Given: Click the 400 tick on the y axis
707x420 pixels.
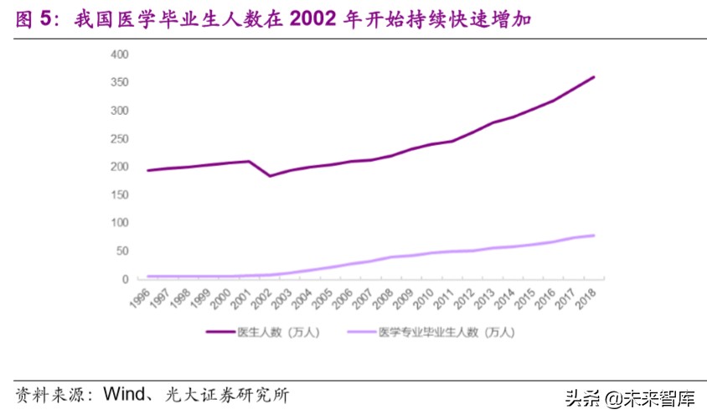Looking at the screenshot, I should [120, 54].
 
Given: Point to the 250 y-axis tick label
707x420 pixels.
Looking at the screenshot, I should [120, 139].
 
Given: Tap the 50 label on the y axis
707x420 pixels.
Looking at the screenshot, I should [122, 251].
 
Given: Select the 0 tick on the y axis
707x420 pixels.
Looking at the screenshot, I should [125, 279].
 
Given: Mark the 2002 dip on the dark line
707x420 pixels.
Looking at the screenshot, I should [270, 176].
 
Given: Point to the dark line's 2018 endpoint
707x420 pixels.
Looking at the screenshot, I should [594, 77].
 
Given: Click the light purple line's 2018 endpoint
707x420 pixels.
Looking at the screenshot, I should [594, 236].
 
